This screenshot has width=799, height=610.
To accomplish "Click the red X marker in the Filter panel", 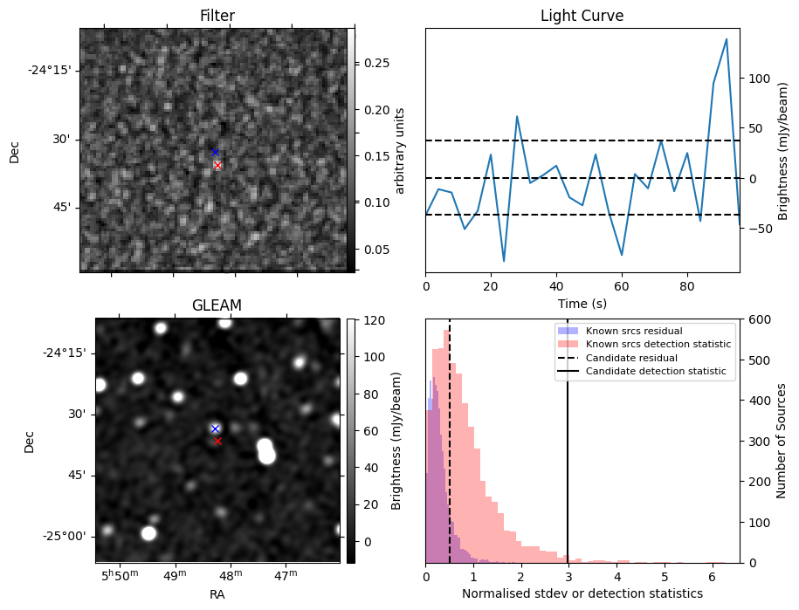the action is [217, 166].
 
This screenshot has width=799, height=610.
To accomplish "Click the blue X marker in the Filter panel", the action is [215, 152].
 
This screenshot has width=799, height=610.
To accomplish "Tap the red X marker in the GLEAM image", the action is [217, 442].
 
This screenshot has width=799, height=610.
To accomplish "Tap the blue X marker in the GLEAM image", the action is [215, 429].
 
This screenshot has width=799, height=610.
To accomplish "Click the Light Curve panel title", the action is [582, 16].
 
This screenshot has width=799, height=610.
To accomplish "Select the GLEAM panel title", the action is [217, 305].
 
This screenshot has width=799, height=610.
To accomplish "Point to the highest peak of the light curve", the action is [727, 39].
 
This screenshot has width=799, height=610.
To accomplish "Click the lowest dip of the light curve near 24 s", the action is [504, 261].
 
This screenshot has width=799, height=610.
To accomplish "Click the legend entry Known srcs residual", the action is [634, 331].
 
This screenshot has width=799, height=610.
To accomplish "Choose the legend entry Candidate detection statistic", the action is [656, 371].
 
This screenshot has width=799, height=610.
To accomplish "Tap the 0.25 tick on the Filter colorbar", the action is [376, 63].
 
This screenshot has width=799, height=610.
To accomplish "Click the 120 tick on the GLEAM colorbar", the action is [374, 320].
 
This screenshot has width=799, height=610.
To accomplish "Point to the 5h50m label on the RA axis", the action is [120, 575].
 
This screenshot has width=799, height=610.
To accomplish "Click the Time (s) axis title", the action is [582, 304].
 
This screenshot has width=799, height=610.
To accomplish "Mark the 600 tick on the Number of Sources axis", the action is [759, 319].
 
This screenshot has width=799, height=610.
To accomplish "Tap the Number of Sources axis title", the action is [782, 441].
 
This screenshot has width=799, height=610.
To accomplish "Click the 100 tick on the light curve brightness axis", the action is [759, 79].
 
